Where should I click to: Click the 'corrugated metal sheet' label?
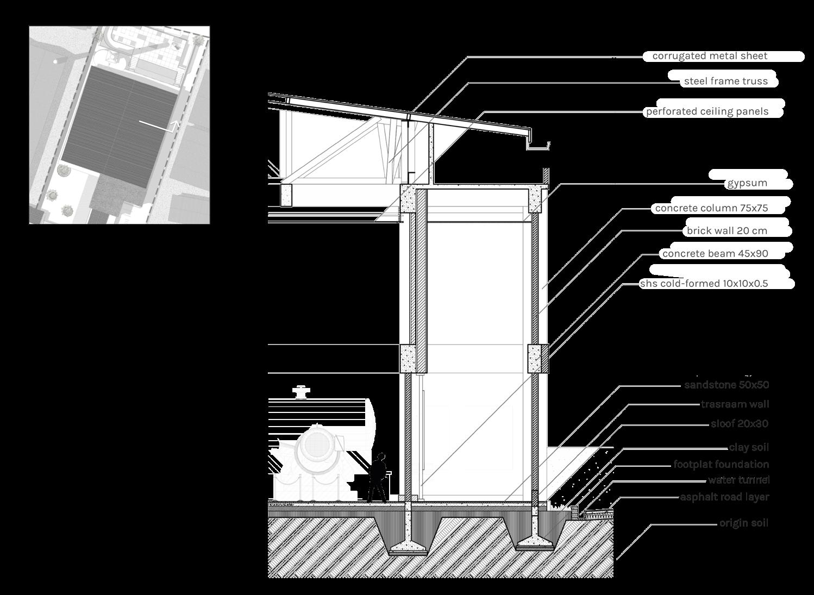[x=710, y=56]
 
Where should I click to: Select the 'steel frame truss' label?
[x=725, y=82]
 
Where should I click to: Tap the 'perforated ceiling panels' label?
[x=706, y=111]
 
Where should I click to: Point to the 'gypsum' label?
[x=747, y=183]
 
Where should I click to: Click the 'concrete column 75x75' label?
[x=711, y=208]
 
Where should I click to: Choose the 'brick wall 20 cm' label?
[x=727, y=230]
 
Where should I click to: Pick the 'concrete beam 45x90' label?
[x=715, y=253]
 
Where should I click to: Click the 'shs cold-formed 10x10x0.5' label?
[x=704, y=283]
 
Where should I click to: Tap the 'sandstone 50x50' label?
[x=727, y=385]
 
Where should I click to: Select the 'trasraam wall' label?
[x=735, y=404]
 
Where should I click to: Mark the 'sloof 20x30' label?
[x=740, y=424]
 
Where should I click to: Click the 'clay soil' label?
[x=749, y=448]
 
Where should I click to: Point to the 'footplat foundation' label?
[x=721, y=465]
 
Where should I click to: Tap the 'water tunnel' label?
[x=738, y=480]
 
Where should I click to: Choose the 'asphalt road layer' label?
[x=724, y=497]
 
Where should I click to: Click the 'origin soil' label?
[x=744, y=523]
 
